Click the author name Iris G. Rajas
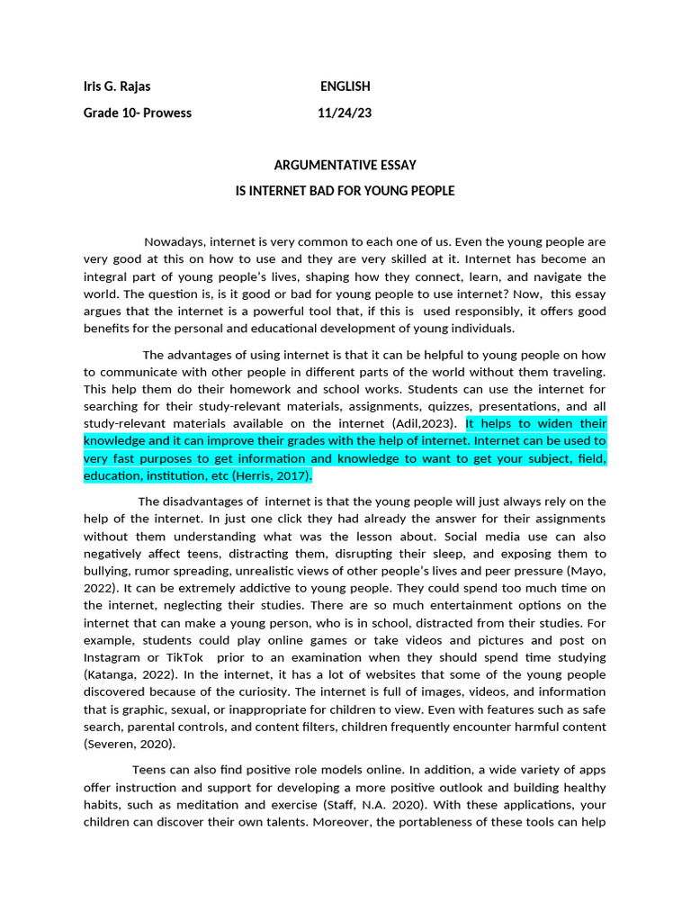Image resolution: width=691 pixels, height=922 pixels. point(117,86)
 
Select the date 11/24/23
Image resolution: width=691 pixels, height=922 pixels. point(344,113)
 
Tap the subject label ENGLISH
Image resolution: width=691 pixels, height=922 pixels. point(345,86)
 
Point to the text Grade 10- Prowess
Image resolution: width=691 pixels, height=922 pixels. point(137,113)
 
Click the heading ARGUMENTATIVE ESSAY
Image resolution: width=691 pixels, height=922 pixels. point(345,165)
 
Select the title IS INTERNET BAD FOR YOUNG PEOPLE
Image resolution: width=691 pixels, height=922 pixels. point(345,191)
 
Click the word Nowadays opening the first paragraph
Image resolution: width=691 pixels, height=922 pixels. point(175,242)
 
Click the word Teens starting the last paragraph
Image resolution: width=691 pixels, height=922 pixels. point(149,770)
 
